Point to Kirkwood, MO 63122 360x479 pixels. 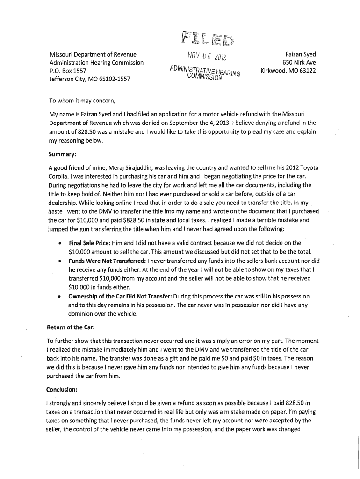(x=288, y=71)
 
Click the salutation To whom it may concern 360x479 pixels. (x=82, y=101)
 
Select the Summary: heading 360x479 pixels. (x=64, y=154)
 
